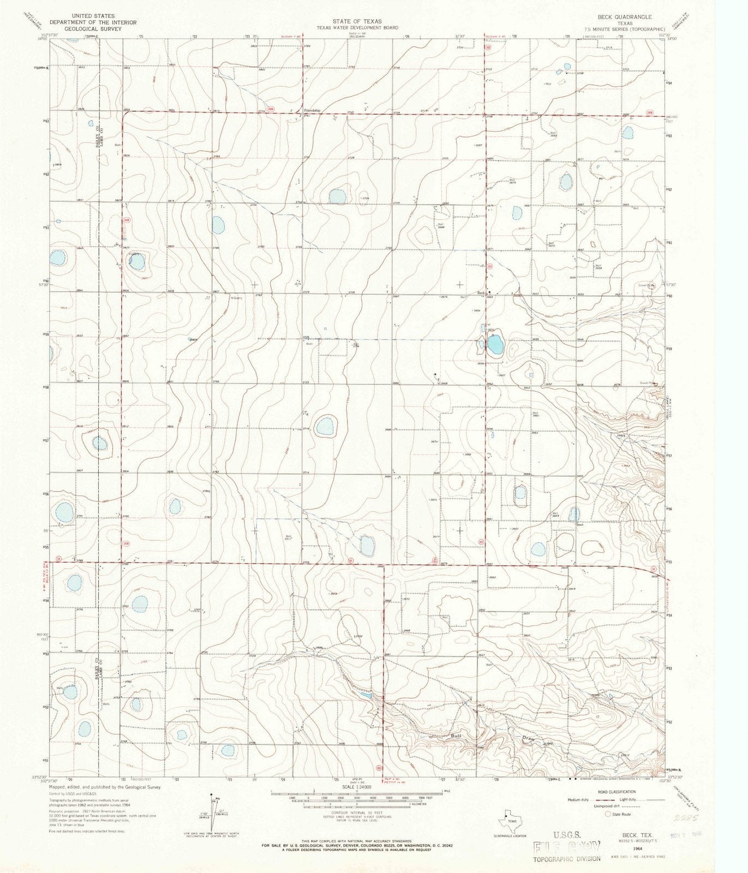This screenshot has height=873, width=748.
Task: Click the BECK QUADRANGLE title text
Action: coord(633,17)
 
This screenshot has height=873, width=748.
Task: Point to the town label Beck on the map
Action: coord(481,293)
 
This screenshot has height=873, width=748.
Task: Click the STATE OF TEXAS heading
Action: coord(358,21)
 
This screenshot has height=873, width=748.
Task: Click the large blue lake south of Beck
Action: coord(495,345)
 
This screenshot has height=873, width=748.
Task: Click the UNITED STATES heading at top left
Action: coord(93,16)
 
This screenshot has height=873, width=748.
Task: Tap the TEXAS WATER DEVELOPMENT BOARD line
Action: coord(358,27)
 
